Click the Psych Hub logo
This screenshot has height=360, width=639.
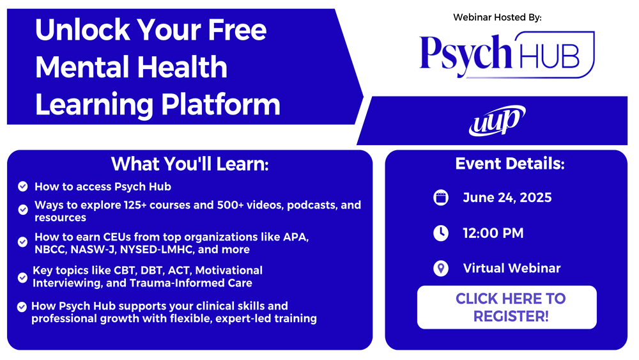tap(507, 54)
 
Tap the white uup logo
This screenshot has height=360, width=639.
tap(497, 120)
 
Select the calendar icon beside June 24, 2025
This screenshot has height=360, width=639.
tap(440, 198)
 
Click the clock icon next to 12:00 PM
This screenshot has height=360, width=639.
tap(440, 233)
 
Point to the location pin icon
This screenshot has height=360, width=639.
tap(440, 269)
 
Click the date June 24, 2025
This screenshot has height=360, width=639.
tap(507, 198)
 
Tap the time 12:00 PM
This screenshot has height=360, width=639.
tap(493, 233)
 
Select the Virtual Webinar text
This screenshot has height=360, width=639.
tap(512, 269)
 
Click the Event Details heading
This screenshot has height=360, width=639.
tap(510, 164)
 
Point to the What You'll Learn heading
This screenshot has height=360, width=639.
tap(190, 164)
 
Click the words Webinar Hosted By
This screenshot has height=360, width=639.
tap(497, 17)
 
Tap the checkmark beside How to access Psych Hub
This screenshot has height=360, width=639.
tap(23, 186)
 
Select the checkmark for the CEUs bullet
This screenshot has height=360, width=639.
tap(23, 242)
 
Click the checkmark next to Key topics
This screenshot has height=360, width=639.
tap(23, 278)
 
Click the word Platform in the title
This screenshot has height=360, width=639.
tap(221, 105)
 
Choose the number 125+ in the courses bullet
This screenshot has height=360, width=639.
tap(135, 205)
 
